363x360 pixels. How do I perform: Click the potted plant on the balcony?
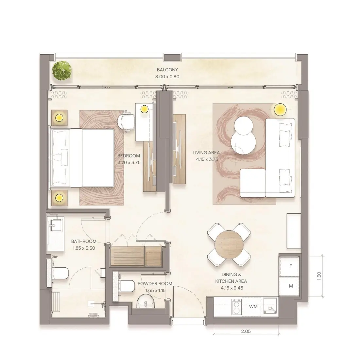coord(62,70)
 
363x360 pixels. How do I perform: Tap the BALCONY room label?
coord(167,70)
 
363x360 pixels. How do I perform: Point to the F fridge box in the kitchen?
coord(290,266)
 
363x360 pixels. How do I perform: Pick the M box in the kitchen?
coord(290,286)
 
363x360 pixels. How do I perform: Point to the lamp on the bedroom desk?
coord(144,109)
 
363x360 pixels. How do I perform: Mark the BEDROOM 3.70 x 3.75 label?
coord(129,159)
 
